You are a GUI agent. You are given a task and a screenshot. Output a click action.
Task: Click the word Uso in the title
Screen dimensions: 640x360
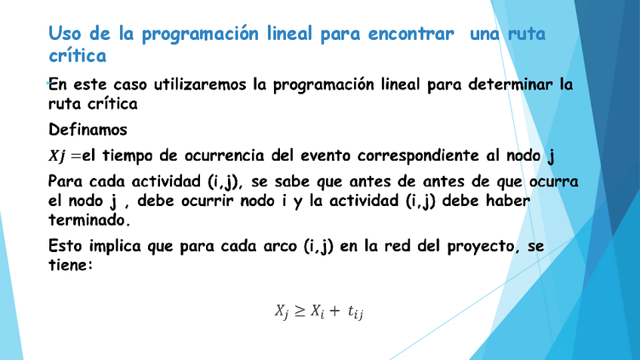(x=65, y=33)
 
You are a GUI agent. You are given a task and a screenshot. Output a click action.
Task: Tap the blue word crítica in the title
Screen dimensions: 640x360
(x=77, y=55)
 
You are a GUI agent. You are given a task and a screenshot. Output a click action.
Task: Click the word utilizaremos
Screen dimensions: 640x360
(x=199, y=85)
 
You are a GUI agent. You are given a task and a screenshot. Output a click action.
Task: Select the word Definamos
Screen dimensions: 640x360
(x=88, y=130)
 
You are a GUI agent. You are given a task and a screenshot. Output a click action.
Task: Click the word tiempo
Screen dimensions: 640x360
(x=128, y=155)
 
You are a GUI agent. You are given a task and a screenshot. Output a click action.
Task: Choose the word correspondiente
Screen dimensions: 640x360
(x=418, y=156)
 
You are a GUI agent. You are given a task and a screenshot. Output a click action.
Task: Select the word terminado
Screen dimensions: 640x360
(x=89, y=220)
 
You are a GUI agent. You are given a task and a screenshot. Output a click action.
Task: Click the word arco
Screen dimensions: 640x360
(x=279, y=246)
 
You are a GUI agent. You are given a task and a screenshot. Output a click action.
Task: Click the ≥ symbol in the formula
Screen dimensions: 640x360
(x=300, y=312)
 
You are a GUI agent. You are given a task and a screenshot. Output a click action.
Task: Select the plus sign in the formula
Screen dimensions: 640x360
(x=334, y=311)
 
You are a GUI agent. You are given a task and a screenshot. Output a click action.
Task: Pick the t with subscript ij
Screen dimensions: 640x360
(x=355, y=312)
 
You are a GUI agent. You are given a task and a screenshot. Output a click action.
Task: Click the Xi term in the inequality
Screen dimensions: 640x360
(x=317, y=312)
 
